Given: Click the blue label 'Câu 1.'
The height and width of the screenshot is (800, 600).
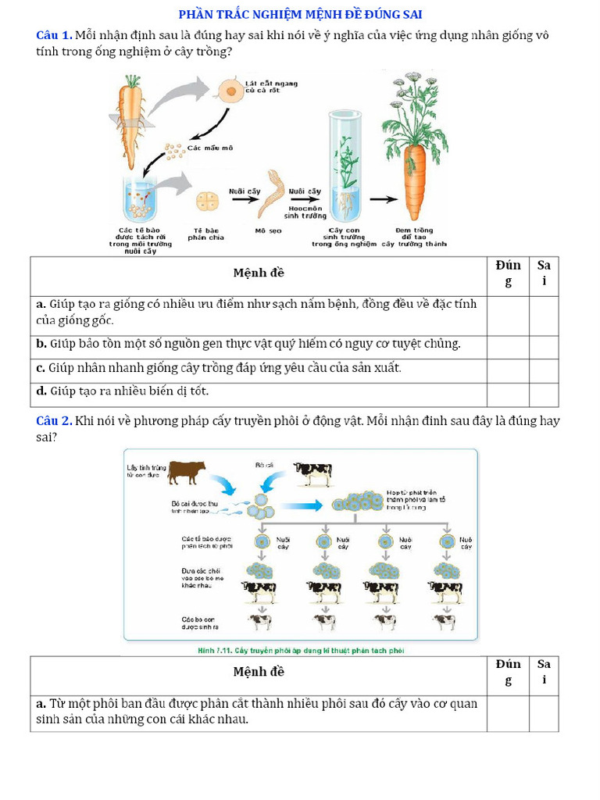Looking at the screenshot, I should [x=55, y=35].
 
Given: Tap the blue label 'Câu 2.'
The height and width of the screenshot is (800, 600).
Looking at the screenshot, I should [x=55, y=421].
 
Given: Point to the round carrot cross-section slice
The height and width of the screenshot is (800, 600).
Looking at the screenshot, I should [x=230, y=90].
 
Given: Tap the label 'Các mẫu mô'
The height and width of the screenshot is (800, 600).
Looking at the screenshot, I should [x=209, y=148].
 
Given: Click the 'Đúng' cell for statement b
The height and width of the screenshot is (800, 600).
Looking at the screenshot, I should [x=508, y=344].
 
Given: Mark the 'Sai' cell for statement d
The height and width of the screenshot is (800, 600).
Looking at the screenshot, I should [x=544, y=391].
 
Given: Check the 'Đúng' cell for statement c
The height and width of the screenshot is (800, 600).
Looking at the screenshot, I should [x=508, y=368].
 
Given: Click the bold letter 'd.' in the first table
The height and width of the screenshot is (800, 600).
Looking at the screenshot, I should [x=41, y=391].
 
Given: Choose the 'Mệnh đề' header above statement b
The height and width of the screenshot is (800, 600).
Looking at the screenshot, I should [x=259, y=273].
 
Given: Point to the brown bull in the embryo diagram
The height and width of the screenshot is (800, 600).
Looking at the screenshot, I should [x=187, y=471].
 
